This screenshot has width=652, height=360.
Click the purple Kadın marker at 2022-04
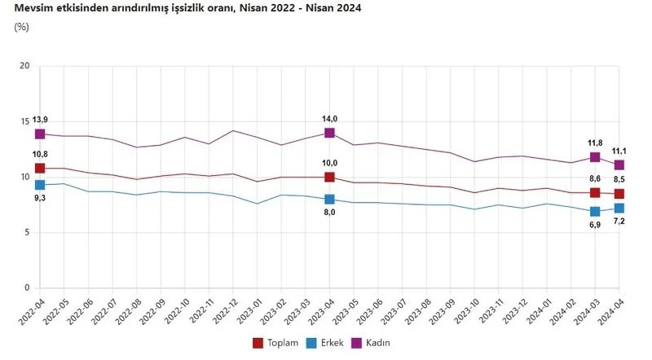pos(39,134)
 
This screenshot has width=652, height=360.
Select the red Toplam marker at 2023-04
pos(329,178)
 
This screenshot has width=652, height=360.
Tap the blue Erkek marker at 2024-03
pos(595,212)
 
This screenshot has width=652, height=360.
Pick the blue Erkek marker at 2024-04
pos(619,209)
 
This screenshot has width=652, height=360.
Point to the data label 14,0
pos(329,119)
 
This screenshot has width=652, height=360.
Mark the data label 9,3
pos(38,197)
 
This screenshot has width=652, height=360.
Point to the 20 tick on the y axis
pos(24,66)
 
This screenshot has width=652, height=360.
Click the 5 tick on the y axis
pos(27,233)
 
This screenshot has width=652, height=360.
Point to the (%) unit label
pos(22,27)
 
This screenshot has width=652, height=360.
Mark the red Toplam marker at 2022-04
pos(39,169)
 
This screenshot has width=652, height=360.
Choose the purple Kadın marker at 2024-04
pos(619,165)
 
